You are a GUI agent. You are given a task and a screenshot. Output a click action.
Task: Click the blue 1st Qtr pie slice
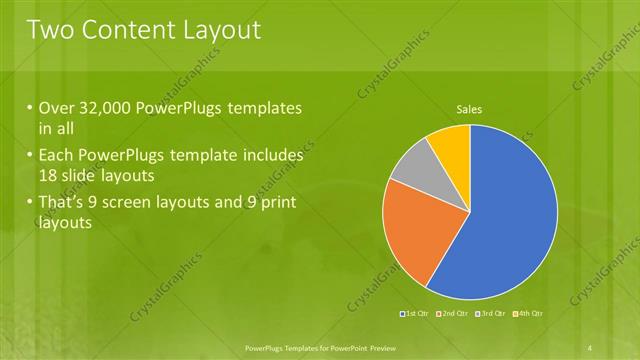pos(510,220)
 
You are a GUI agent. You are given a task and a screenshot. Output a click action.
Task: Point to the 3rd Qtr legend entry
pos(491,314)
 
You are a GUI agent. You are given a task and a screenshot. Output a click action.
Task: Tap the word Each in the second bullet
pos(57,156)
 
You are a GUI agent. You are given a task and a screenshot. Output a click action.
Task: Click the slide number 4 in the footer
pos(591,346)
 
